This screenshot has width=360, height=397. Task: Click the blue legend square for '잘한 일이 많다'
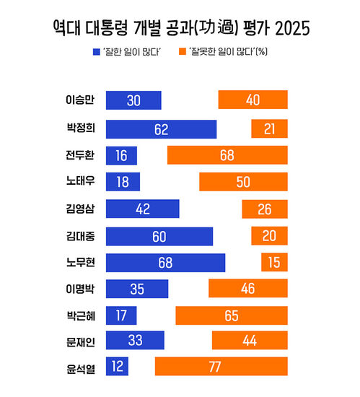(98, 51)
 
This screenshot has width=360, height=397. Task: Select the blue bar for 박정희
(161, 129)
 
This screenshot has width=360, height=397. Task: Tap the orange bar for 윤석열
(221, 367)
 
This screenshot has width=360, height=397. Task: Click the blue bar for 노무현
(165, 263)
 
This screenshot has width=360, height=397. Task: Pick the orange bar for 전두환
(227, 155)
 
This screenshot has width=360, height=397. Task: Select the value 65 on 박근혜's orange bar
(232, 315)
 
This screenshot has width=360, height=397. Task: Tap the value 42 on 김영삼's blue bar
(142, 209)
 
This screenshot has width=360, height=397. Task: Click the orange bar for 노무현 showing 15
(274, 263)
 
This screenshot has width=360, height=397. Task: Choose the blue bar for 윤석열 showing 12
(117, 367)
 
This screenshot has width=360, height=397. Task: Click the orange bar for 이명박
(248, 289)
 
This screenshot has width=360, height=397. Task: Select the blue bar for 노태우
(123, 182)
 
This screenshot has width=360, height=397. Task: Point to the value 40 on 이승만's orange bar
(253, 100)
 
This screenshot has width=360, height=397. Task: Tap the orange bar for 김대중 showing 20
(269, 236)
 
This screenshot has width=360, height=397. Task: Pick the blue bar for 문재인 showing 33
(135, 340)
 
